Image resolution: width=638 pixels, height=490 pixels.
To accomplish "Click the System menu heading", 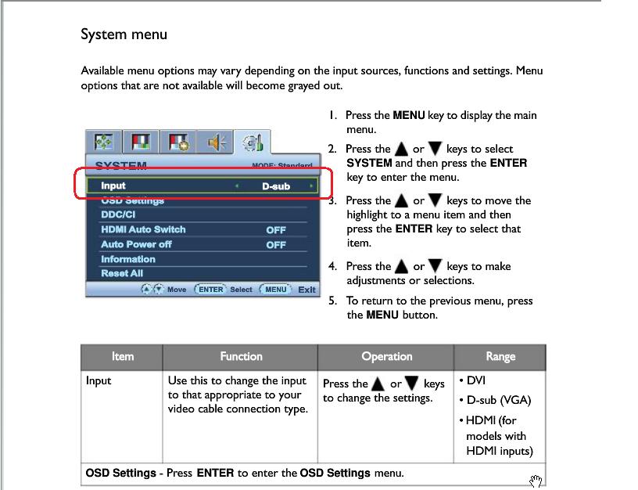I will coord(124,34).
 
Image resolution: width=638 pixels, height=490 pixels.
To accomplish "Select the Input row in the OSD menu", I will coord(113,186).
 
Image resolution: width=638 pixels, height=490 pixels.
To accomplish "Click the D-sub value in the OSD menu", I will coord(275,186).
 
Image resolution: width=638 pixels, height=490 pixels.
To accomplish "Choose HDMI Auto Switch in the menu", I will coord(143,229).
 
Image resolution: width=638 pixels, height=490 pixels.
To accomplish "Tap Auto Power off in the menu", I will coord(136,244).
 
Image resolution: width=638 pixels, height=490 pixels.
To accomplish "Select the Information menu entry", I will coord(128,259).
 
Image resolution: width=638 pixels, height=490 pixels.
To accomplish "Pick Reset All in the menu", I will coord(122,273).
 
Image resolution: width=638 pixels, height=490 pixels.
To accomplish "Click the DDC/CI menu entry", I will coord(118,214).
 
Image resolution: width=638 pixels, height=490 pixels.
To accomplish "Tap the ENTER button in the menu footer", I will coord(210,289).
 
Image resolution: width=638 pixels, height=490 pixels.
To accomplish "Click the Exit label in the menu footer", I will coord(306,290).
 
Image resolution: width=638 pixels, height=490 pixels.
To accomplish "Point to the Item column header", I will coord(123,357).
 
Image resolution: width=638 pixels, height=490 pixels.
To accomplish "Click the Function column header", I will coord(241,357).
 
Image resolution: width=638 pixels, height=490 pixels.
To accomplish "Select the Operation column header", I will coord(386,357).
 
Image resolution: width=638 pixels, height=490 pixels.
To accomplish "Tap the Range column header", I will coord(500,357).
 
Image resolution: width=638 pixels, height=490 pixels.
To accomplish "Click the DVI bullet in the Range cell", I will coord(477,380).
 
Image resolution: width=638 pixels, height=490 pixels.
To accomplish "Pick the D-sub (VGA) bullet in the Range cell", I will coord(498,400).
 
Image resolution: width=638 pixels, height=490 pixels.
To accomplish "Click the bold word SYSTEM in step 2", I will coord(369,163).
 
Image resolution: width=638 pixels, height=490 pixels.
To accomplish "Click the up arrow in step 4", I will coord(402,266).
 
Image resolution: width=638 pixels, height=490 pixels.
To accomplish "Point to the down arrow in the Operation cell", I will coord(412,384).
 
